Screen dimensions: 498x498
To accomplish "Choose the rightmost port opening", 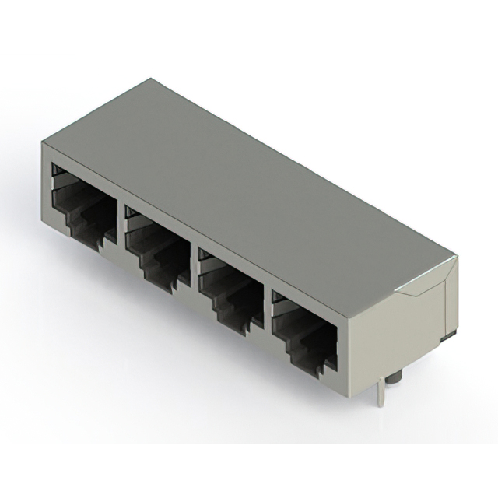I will [x=304, y=327].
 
